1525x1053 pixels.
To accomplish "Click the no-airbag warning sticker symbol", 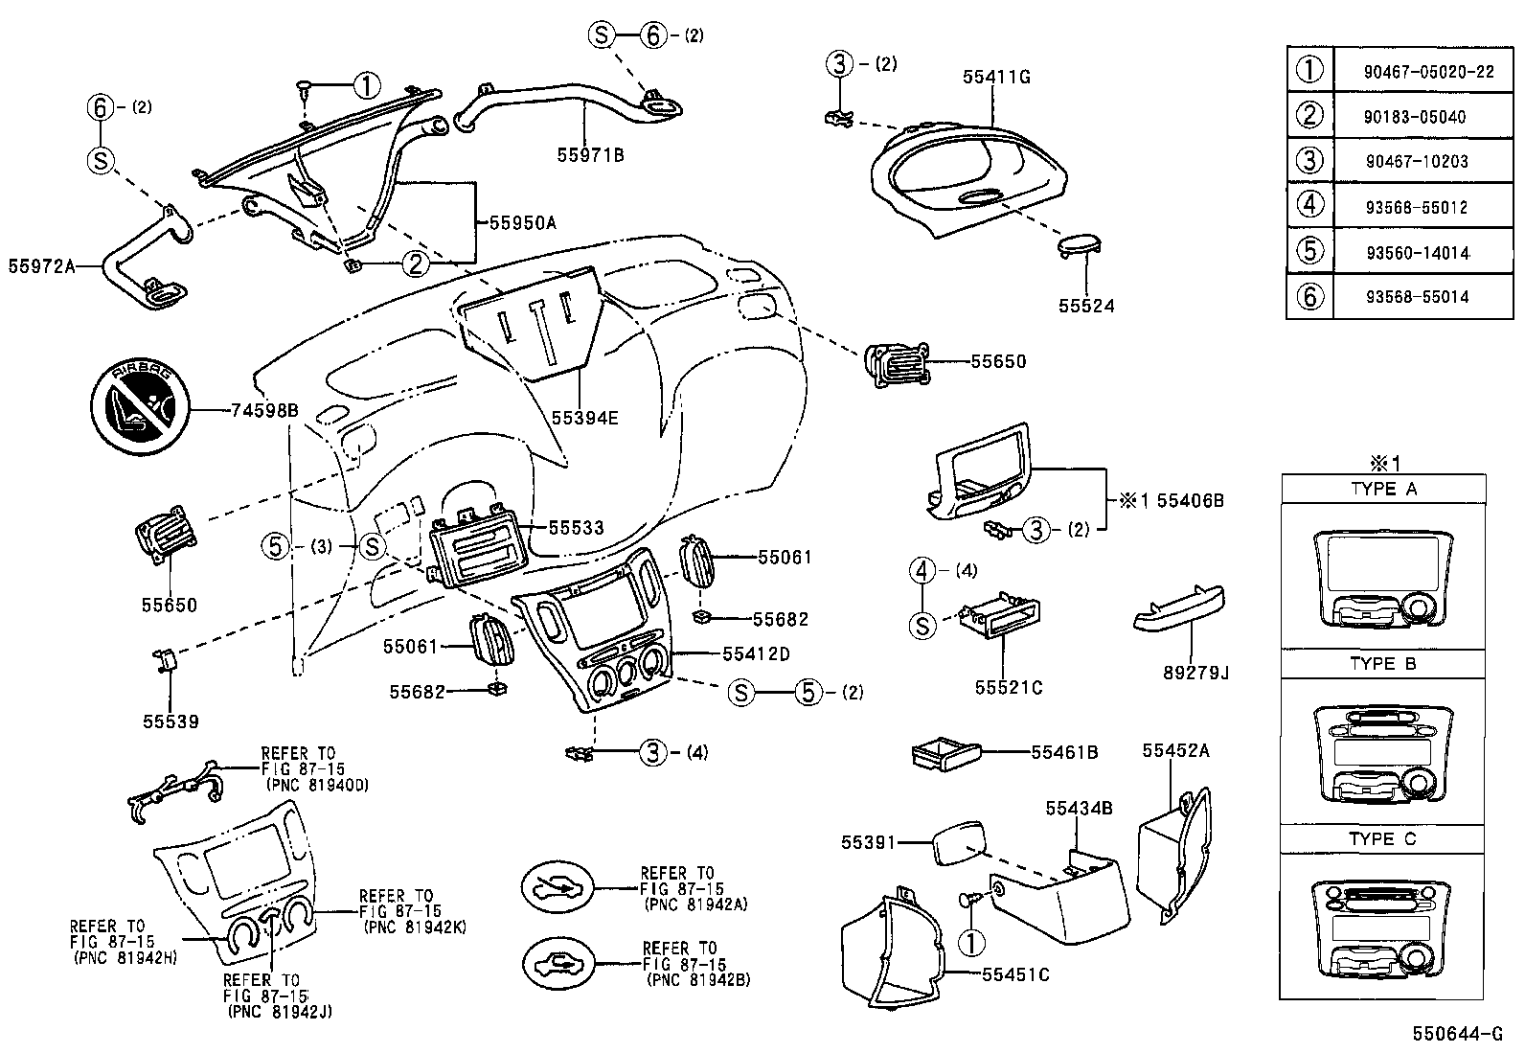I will [x=139, y=411].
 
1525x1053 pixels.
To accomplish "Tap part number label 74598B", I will [x=265, y=411].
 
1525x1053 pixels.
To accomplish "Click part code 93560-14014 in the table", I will [x=1417, y=252].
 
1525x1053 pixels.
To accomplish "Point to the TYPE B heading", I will [x=1382, y=663].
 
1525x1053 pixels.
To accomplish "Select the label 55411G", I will [x=996, y=78].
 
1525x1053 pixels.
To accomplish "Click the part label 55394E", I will [x=584, y=418].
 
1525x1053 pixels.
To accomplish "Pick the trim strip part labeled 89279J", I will [x=1178, y=610].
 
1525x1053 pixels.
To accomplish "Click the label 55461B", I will [x=1064, y=752].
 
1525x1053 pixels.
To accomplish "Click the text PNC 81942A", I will [x=696, y=904].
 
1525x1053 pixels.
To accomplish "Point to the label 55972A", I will [x=41, y=265].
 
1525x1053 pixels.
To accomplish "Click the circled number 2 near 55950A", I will [x=415, y=263].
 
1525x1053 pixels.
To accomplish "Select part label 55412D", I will [x=756, y=653].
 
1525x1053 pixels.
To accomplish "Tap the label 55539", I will [x=171, y=721].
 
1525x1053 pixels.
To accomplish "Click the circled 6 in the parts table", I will [x=1309, y=297].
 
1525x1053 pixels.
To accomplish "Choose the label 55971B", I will [x=590, y=153].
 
